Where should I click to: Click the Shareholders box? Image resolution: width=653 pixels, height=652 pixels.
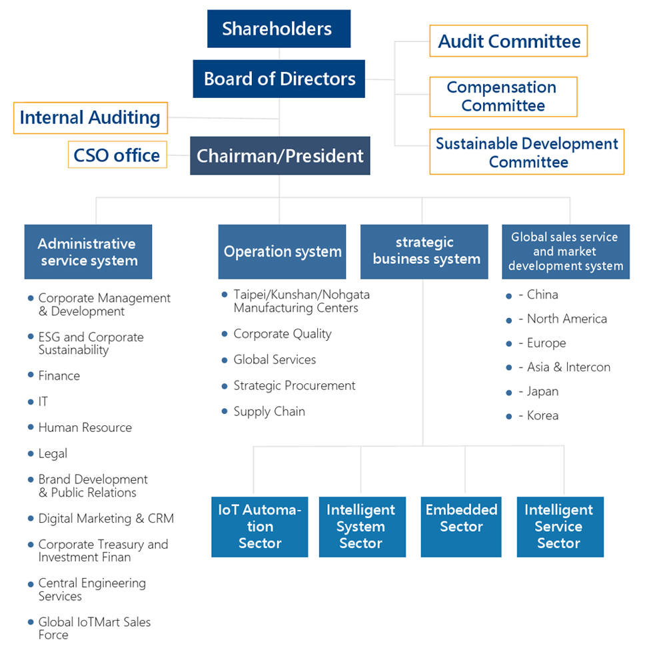tap(279, 29)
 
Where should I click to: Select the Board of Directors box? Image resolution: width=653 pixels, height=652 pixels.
tap(279, 79)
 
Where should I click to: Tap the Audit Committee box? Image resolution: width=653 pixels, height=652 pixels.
tap(508, 41)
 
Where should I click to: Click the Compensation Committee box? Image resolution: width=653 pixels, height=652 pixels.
tap(503, 97)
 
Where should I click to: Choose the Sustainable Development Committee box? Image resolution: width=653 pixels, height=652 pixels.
tap(526, 152)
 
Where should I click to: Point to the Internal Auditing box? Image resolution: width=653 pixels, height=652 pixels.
tap(90, 118)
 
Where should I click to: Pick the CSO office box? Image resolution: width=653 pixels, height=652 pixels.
tap(117, 155)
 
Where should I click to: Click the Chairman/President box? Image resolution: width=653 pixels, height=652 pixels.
tap(280, 156)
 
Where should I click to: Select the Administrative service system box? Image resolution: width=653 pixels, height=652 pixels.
tap(88, 251)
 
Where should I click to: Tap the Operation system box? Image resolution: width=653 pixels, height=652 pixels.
tap(282, 251)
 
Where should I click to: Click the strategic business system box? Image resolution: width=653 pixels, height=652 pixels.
tap(424, 251)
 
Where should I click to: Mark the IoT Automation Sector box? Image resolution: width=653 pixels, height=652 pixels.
tap(260, 527)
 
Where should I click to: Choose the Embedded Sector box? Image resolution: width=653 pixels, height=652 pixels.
tap(461, 527)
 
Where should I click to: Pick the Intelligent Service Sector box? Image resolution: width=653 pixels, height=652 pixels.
tap(560, 527)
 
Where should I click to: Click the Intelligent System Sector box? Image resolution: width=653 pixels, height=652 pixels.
tap(362, 527)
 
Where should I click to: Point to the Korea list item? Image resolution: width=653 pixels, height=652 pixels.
tap(542, 415)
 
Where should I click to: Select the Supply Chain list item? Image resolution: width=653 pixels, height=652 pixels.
tap(269, 411)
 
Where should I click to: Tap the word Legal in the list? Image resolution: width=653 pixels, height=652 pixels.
tap(53, 454)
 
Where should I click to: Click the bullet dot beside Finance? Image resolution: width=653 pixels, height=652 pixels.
tap(31, 375)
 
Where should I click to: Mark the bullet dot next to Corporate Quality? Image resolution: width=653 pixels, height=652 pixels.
tap(225, 334)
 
